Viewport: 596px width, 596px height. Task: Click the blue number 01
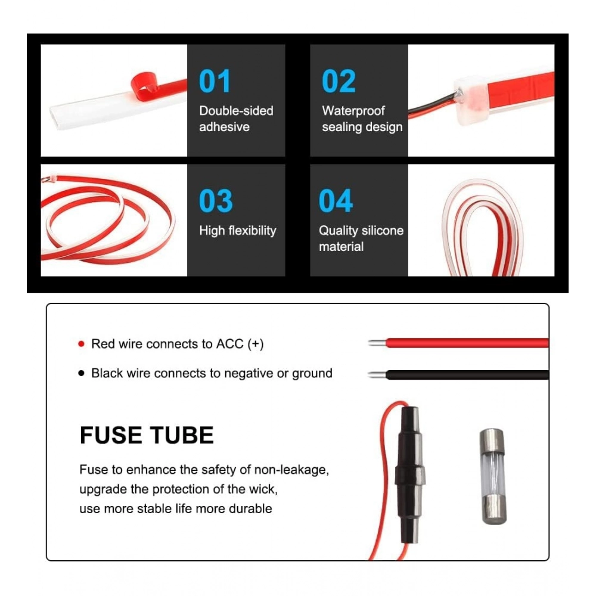coord(215,81)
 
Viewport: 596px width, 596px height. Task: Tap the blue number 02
coord(339,81)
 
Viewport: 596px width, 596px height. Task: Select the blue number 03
coord(216,201)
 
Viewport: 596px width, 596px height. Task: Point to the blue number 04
coord(336,201)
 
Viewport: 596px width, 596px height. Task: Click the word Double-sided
coord(236,111)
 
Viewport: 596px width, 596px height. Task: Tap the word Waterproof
coord(353,111)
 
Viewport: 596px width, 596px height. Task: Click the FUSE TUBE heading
coord(147,435)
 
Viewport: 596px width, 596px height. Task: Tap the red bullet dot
coord(81,344)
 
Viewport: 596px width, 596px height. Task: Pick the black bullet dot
coord(81,373)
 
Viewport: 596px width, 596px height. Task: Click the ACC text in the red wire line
coord(229,344)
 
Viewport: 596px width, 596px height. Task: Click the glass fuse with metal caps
coord(493,477)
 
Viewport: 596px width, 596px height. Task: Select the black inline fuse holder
coord(409,475)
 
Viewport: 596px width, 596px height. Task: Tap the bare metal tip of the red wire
coord(377,343)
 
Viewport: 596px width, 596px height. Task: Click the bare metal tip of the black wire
coord(377,375)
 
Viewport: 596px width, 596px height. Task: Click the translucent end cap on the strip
coord(471,100)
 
